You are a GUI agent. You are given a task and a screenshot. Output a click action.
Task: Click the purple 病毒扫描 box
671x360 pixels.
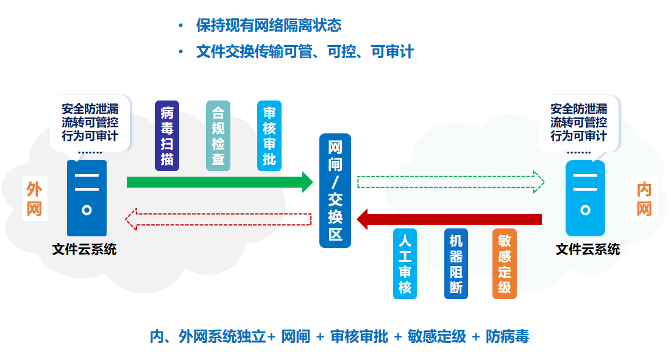click(166, 136)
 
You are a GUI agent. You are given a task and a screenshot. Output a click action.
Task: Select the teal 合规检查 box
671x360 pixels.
click(218, 136)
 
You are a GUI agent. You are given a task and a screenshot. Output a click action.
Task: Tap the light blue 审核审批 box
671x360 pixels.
click(269, 136)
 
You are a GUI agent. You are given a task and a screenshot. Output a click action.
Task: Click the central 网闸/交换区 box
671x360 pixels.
click(335, 191)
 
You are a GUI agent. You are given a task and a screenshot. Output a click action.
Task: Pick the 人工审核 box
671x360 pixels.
click(405, 264)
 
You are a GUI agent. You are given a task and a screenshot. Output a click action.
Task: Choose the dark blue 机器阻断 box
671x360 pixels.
click(456, 264)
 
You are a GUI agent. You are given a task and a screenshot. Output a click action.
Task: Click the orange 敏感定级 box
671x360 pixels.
click(505, 264)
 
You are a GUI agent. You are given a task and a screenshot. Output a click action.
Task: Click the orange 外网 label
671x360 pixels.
click(34, 199)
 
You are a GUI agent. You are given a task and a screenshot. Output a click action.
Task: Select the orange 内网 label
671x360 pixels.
click(644, 199)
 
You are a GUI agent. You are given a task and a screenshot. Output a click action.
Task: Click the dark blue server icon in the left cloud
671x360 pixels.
click(87, 198)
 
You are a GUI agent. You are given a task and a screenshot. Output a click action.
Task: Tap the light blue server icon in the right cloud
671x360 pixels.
click(585, 198)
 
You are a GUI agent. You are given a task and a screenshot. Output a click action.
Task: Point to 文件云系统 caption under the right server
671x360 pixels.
click(588, 249)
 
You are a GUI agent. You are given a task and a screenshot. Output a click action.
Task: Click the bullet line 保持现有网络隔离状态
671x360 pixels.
click(268, 26)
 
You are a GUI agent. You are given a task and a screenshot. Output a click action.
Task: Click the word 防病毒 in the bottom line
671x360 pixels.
click(508, 336)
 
